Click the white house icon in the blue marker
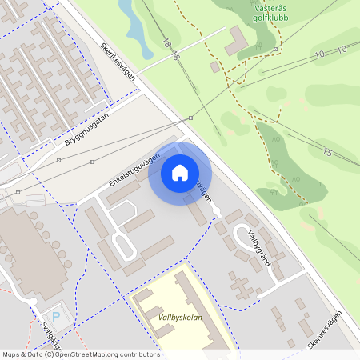tap(180, 172)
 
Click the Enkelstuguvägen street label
tap(134, 169)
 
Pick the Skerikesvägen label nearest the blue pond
tap(118, 60)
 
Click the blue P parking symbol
tap(55, 315)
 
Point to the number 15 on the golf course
tap(326, 152)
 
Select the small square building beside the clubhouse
tap(214, 67)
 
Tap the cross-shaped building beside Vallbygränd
tap(240, 285)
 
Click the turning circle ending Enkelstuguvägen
tap(217, 211)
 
